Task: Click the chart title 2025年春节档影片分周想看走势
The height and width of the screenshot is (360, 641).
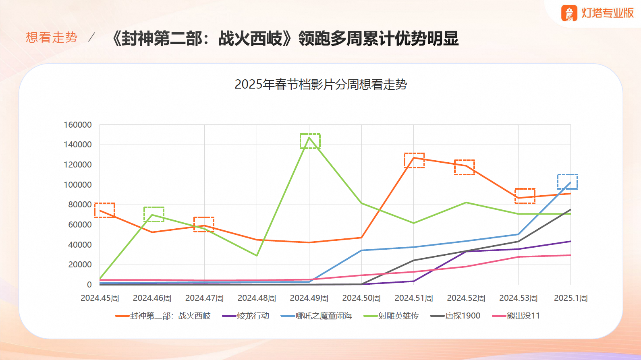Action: (321, 85)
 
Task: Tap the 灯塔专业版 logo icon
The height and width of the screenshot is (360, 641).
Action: (569, 13)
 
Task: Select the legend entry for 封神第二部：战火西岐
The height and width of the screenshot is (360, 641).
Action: (163, 316)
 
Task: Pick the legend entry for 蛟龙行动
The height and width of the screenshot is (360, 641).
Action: (246, 316)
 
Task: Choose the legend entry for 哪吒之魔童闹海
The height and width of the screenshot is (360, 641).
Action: (317, 316)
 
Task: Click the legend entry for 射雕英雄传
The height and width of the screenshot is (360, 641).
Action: (391, 316)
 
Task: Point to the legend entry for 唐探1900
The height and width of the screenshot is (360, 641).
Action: (455, 316)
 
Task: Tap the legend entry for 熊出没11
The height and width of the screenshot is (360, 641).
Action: (516, 316)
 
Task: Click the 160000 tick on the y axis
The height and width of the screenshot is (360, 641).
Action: (78, 125)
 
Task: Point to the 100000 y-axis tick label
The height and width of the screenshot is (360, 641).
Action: (78, 185)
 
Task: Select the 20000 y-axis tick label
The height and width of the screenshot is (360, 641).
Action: (80, 265)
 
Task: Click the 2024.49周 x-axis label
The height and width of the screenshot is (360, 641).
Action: (309, 298)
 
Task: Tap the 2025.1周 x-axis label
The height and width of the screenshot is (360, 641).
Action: (570, 298)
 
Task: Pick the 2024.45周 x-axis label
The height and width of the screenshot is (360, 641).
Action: (100, 298)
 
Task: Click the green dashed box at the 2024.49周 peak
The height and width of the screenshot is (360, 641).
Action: (310, 141)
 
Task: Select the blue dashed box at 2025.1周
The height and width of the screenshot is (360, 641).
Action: (567, 182)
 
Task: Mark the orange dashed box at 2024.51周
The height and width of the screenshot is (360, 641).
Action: (414, 160)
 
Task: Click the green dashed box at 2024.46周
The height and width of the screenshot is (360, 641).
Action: (154, 214)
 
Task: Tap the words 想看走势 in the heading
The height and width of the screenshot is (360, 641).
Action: (52, 37)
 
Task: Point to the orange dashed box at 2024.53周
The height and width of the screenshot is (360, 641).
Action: (525, 196)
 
